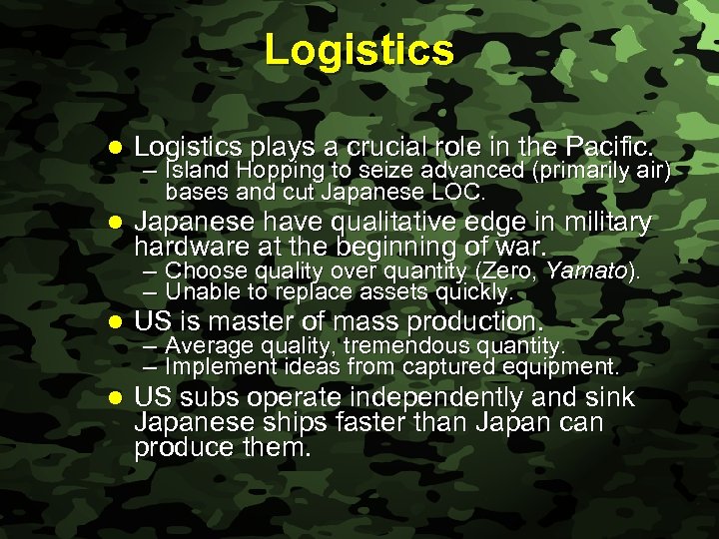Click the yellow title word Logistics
click(x=359, y=50)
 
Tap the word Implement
click(x=216, y=366)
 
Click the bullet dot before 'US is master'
click(x=114, y=322)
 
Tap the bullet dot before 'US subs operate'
click(x=114, y=398)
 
